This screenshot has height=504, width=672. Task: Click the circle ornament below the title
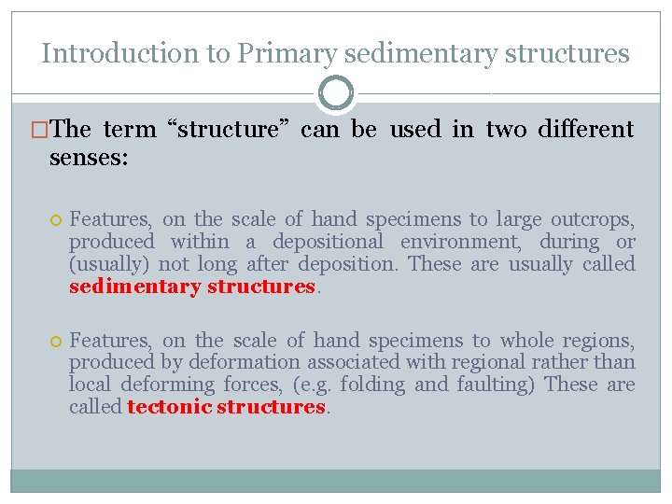[x=336, y=93]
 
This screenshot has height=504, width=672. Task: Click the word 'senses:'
[x=89, y=157]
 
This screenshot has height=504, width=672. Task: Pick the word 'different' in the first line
[x=586, y=129]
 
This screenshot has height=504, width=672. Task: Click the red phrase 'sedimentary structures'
[x=192, y=287]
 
